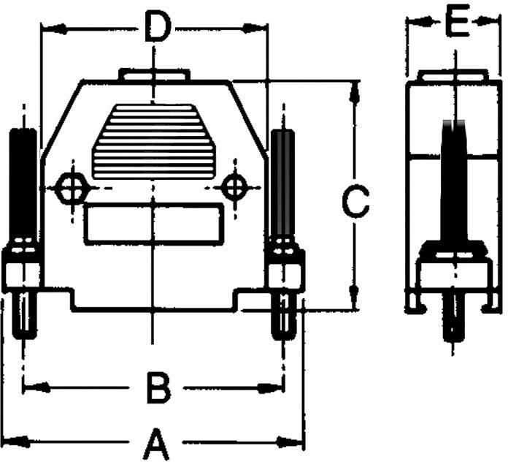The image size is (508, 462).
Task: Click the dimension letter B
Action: [x=157, y=387]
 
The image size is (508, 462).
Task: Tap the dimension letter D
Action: [x=155, y=29]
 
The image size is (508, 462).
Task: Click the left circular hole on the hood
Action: [x=72, y=189]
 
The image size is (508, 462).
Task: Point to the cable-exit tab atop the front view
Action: [x=155, y=74]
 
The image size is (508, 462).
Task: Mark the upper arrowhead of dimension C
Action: [x=355, y=91]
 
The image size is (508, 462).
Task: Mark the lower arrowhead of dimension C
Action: [x=355, y=302]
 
